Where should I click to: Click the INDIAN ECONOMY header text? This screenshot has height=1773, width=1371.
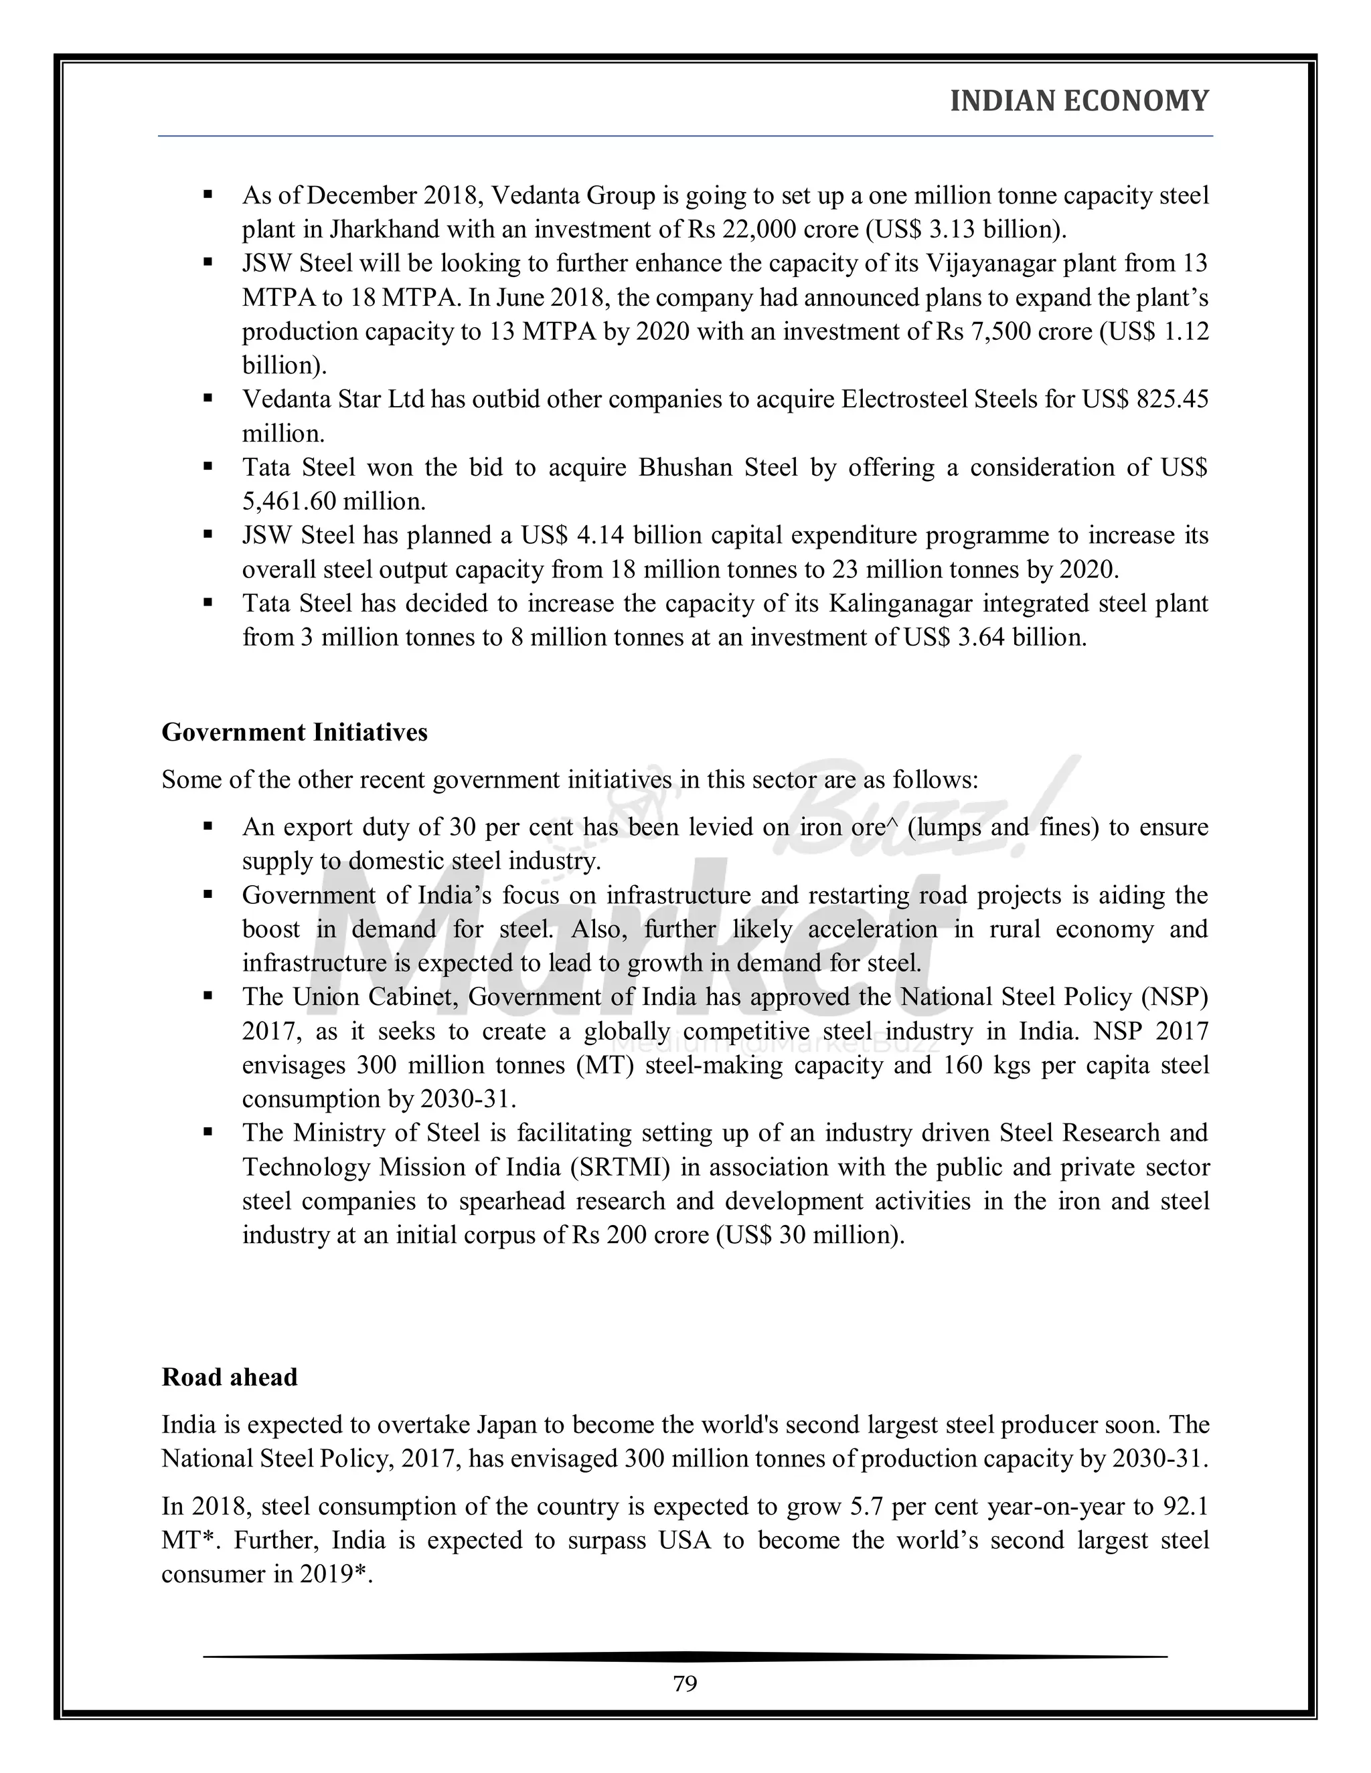click(x=1078, y=100)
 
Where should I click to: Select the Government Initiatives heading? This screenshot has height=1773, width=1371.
click(x=294, y=732)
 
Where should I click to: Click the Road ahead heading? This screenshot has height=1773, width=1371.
click(x=229, y=1377)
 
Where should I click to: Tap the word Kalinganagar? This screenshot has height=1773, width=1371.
click(x=900, y=604)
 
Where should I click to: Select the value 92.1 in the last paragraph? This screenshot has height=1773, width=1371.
click(x=1186, y=1507)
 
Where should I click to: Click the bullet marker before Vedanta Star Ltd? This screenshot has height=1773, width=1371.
click(x=208, y=399)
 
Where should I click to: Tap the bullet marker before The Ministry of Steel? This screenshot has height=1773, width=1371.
click(x=208, y=1133)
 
